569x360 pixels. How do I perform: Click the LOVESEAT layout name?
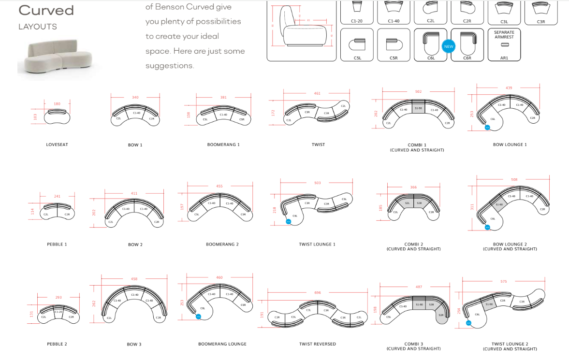pyautogui.click(x=57, y=144)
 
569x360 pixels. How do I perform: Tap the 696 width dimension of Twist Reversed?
pyautogui.click(x=318, y=292)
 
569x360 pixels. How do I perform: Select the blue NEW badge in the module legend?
pyautogui.click(x=449, y=46)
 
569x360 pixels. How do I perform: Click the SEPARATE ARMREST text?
pyautogui.click(x=504, y=34)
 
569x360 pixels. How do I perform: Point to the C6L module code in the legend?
pyautogui.click(x=431, y=58)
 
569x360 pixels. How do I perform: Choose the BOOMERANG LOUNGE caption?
pyautogui.click(x=222, y=344)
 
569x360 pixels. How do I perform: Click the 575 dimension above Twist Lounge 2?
pyautogui.click(x=504, y=281)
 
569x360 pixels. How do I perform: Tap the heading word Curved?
pyautogui.click(x=46, y=10)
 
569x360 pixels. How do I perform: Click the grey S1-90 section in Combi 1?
pyautogui.click(x=419, y=108)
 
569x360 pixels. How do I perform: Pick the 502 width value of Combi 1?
pyautogui.click(x=419, y=91)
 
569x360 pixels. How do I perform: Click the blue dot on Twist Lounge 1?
pyautogui.click(x=289, y=222)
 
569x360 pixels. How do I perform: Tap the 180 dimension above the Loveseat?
pyautogui.click(x=57, y=104)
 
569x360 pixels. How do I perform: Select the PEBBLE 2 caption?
pyautogui.click(x=57, y=344)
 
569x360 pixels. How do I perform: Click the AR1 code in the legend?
pyautogui.click(x=504, y=58)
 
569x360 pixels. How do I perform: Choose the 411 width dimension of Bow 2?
pyautogui.click(x=134, y=193)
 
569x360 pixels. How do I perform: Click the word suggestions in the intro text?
pyautogui.click(x=169, y=66)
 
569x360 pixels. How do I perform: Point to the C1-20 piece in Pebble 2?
pyautogui.click(x=58, y=312)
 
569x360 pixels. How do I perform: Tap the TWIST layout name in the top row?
pyautogui.click(x=318, y=144)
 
